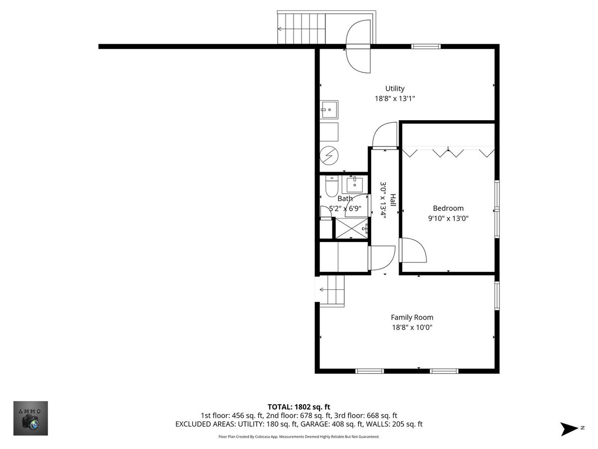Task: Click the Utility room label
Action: [x=395, y=89]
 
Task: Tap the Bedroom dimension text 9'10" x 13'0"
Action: [x=448, y=219]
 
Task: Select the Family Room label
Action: [x=412, y=317]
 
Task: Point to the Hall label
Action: [x=393, y=200]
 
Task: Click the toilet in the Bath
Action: [x=331, y=186]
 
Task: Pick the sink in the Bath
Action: [x=355, y=185]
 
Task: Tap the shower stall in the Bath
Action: [x=351, y=228]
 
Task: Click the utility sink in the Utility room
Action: [x=329, y=110]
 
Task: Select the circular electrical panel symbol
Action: [x=329, y=155]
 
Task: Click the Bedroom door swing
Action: [x=413, y=250]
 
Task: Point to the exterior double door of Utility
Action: [x=358, y=46]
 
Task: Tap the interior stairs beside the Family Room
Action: [x=332, y=291]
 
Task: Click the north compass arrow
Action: [x=568, y=430]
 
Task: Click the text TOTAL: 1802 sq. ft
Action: [x=299, y=407]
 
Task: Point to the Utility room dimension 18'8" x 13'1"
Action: [x=395, y=98]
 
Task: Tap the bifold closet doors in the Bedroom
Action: [x=448, y=152]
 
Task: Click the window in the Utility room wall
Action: [x=426, y=46]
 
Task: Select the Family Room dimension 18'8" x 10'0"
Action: [x=412, y=327]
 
